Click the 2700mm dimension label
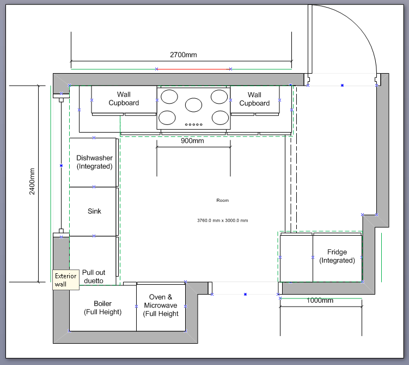(184, 55)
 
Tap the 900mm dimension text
(192, 141)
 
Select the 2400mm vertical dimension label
(32, 182)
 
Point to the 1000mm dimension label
(320, 301)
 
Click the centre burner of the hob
(193, 105)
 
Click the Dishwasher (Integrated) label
(94, 162)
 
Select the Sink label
(94, 211)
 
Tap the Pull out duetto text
(94, 277)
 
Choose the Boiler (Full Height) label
(103, 308)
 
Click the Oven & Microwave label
(161, 305)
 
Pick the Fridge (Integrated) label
(337, 256)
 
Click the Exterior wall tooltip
(66, 280)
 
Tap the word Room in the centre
(223, 200)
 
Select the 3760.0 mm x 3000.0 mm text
(223, 220)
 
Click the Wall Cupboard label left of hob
(124, 99)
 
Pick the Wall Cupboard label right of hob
(254, 99)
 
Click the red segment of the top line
(193, 69)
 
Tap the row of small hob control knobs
(193, 124)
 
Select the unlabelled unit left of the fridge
(296, 259)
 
